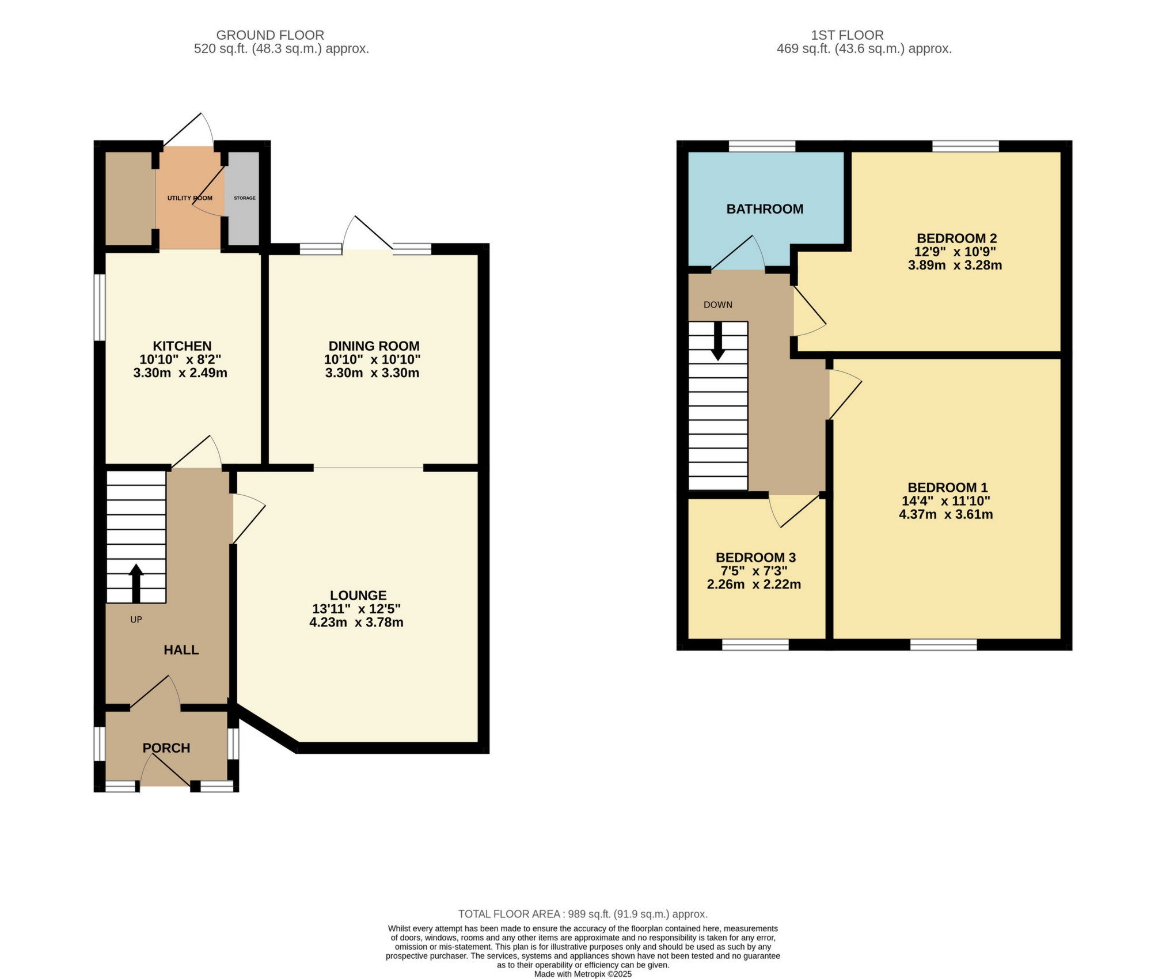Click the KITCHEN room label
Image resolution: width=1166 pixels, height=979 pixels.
[182, 346]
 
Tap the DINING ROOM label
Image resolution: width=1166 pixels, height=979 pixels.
[374, 346]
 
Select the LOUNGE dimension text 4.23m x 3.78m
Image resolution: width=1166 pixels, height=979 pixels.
[356, 622]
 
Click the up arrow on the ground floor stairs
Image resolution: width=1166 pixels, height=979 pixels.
[136, 582]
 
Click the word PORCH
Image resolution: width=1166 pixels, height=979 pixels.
[166, 747]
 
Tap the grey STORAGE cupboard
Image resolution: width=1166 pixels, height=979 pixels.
[244, 198]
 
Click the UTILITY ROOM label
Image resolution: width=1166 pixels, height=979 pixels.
[189, 198]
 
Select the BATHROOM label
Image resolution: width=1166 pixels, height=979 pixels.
[765, 209]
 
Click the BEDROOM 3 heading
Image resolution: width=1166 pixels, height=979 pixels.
[755, 557]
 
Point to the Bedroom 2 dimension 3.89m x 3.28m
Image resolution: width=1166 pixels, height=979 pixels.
[955, 265]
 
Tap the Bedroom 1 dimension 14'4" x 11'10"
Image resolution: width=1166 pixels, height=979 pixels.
[945, 501]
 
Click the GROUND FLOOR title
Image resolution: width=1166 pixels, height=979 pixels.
[270, 35]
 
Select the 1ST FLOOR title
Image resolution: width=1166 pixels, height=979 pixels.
[847, 35]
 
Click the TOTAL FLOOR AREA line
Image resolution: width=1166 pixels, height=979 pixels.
[583, 914]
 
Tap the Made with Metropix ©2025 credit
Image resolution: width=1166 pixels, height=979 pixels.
[583, 974]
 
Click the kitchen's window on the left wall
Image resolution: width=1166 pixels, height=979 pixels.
[100, 307]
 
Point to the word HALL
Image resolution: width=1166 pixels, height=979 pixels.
[181, 650]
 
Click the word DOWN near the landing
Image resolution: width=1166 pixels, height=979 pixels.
[717, 305]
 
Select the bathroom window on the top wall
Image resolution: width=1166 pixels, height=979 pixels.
[762, 146]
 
